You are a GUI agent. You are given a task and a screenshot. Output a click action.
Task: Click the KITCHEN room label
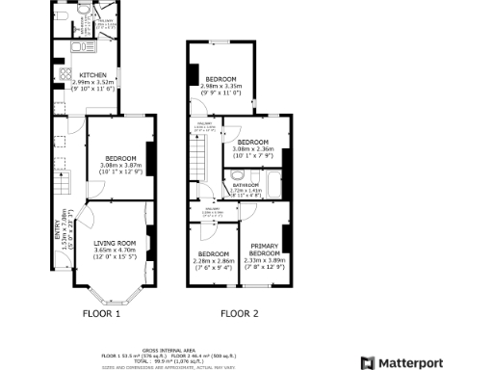93,74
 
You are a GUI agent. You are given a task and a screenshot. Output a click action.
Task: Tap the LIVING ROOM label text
115,243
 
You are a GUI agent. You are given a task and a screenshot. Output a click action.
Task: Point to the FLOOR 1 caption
102,313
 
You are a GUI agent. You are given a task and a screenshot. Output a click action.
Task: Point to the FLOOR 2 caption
240,313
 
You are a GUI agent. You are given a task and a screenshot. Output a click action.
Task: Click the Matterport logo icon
367,362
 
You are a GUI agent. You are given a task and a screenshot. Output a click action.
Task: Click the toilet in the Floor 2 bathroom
237,176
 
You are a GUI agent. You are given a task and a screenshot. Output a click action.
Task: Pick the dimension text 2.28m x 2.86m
213,260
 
